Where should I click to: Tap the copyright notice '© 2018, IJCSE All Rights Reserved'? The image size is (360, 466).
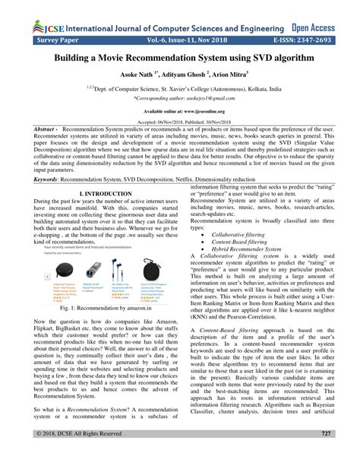[x=73, y=455]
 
